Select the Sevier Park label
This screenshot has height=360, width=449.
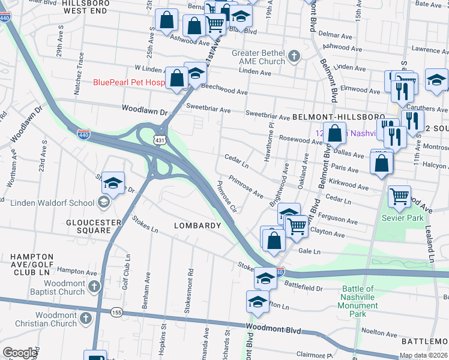399,217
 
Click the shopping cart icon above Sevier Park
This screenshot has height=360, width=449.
399,196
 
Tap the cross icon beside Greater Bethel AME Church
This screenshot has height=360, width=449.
294,57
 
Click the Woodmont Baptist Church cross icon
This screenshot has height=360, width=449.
94,287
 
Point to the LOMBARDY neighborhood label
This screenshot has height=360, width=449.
197,226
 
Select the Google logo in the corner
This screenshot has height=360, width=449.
20,353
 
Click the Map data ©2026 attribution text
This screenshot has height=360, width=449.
423,356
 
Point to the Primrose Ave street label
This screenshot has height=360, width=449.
246,187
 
